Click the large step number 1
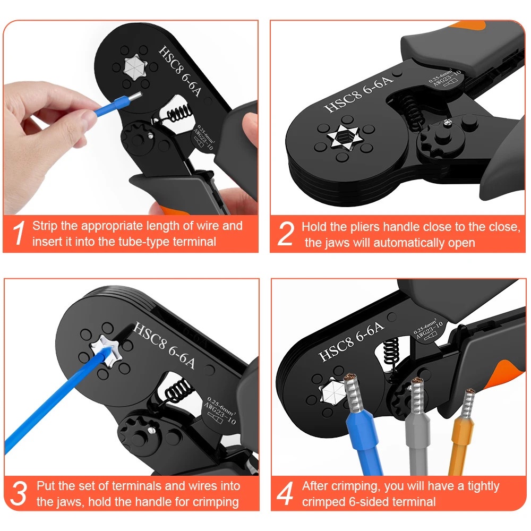(19, 233)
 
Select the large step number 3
(18, 493)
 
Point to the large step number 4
(285, 493)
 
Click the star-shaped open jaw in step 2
(344, 137)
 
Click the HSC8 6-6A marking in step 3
(164, 345)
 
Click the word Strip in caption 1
(45, 226)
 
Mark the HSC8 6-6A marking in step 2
(358, 94)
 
